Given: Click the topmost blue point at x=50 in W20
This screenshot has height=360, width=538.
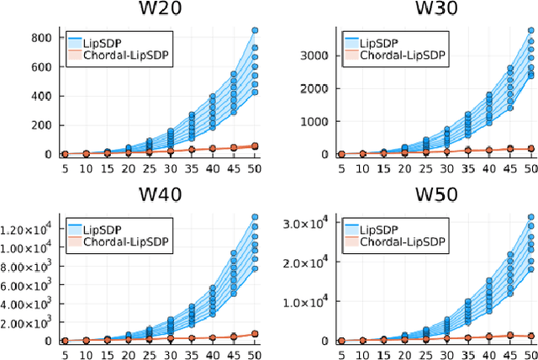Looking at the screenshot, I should (255, 30).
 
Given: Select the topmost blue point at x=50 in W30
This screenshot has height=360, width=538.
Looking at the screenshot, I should (530, 30).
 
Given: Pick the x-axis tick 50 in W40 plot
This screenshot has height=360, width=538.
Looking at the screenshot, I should (255, 354).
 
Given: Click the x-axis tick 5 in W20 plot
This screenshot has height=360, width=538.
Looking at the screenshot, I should (65, 167).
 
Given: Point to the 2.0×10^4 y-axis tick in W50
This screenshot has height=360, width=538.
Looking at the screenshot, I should (310, 262).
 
